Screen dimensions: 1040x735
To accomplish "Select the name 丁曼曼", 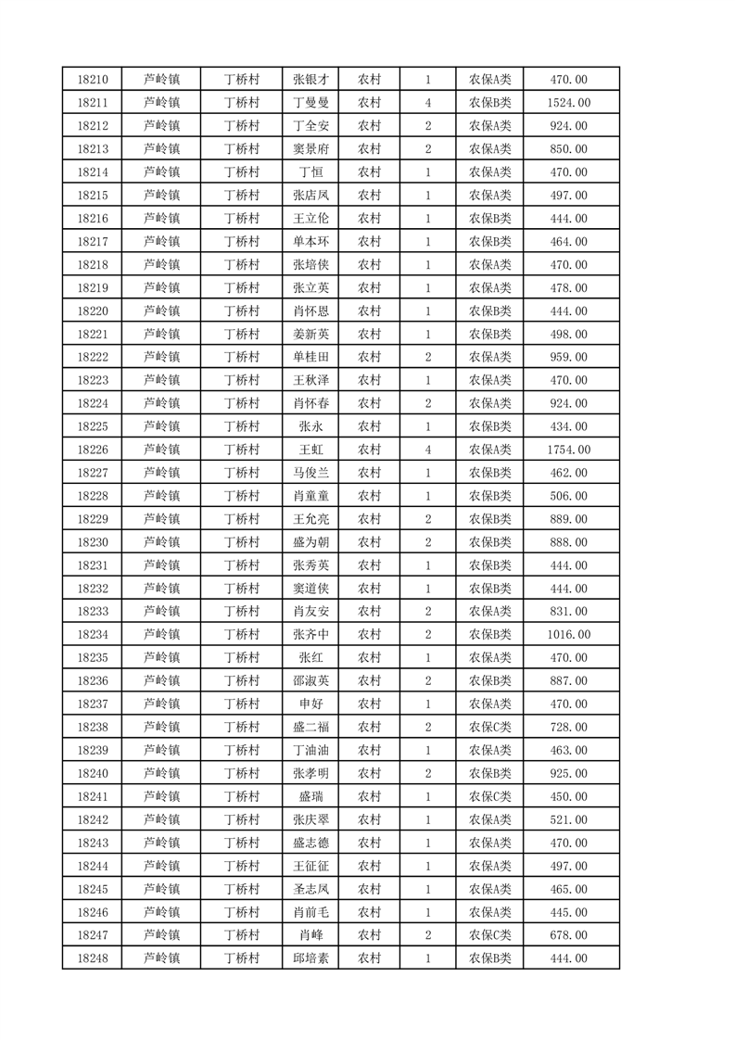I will click(x=310, y=103).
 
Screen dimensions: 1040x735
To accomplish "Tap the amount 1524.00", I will click(x=569, y=103).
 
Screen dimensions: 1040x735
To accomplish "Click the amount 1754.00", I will click(x=569, y=450).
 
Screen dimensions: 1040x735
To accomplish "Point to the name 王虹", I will click(x=310, y=450).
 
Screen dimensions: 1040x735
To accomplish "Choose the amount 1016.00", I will click(x=569, y=635).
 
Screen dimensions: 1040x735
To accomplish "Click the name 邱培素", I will click(x=310, y=958).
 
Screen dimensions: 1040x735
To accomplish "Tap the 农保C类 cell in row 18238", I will click(x=489, y=728).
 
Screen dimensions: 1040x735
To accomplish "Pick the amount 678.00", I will click(x=569, y=935).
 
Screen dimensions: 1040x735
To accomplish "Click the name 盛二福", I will click(x=310, y=728).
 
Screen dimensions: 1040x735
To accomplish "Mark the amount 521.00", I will click(x=569, y=819).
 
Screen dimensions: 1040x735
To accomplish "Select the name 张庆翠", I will click(x=310, y=819).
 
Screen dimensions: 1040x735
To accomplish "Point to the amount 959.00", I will click(x=569, y=357).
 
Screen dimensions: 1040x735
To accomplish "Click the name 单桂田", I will click(x=310, y=357).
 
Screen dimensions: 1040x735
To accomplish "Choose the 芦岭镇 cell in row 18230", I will click(x=162, y=542).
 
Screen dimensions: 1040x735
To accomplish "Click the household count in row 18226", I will click(x=427, y=450).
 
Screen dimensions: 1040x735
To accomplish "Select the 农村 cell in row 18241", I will click(x=369, y=796).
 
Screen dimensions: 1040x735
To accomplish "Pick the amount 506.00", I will click(x=569, y=496).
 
